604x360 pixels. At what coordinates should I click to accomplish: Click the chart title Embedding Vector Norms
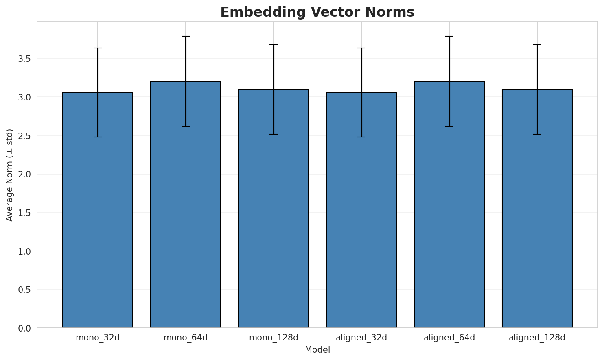(x=317, y=12)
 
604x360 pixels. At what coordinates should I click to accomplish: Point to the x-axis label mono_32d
(x=98, y=338)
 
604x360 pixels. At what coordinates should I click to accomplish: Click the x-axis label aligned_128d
(x=537, y=338)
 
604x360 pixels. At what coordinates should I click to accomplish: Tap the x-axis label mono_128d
(x=274, y=338)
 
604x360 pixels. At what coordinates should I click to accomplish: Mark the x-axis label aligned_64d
(x=449, y=338)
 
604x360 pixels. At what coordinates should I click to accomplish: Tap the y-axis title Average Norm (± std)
(x=10, y=175)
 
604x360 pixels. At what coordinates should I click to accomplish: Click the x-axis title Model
(x=317, y=350)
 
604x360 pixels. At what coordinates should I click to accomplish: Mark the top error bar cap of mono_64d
(x=186, y=36)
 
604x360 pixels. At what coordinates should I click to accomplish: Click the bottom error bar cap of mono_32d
(x=98, y=137)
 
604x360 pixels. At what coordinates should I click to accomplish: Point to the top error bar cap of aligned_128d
(x=537, y=44)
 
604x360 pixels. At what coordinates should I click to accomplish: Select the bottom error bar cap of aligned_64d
(x=449, y=127)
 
